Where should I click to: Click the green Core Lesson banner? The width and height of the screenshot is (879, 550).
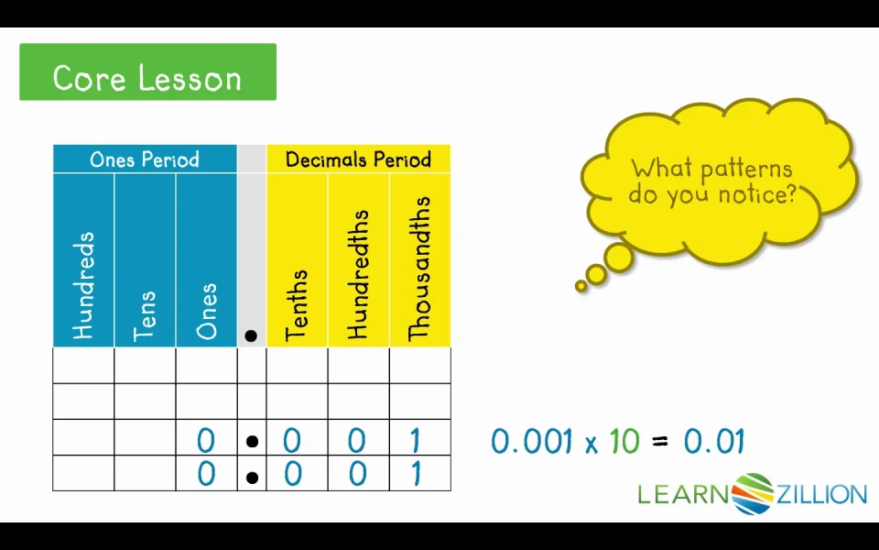pos(148,71)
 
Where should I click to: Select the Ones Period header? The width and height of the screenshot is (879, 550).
pos(145,159)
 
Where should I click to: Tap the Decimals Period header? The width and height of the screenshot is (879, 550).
pos(358,159)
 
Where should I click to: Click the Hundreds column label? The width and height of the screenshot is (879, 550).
pos(83,286)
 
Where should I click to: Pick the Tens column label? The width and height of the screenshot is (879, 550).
pos(144,316)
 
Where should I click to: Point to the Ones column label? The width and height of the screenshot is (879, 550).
pos(206,312)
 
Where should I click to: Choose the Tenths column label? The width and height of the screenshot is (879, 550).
pos(297,306)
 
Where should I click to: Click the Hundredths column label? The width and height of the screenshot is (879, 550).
pos(358,275)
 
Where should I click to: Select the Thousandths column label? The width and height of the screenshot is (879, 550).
pos(419,269)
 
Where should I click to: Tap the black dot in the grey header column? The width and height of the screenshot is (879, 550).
pos(251,335)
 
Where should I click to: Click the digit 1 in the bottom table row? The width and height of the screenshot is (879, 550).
pos(416,474)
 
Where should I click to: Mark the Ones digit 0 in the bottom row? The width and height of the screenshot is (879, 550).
pos(206,474)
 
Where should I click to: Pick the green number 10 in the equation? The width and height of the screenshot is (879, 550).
pos(624,441)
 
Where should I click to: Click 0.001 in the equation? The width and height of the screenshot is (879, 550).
pos(532,441)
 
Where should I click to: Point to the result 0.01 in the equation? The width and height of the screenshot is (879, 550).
pos(714,441)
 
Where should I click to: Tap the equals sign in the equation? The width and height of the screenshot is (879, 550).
pos(660,442)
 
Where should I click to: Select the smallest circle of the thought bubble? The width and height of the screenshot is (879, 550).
pos(581,286)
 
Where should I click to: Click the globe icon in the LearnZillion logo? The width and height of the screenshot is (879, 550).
pos(754,494)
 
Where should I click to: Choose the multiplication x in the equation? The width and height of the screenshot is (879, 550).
pos(591,445)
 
